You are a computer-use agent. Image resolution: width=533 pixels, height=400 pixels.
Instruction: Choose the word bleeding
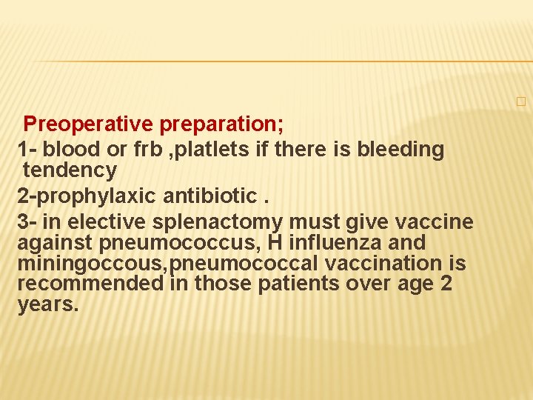tap(400, 149)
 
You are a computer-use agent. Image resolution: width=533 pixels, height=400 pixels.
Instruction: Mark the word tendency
tap(70, 170)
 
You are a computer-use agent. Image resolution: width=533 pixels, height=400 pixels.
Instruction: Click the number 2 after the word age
tap(446, 284)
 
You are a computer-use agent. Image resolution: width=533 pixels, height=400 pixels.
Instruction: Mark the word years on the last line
tap(47, 304)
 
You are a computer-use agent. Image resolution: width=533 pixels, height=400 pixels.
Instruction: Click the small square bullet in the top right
tap(520, 101)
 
